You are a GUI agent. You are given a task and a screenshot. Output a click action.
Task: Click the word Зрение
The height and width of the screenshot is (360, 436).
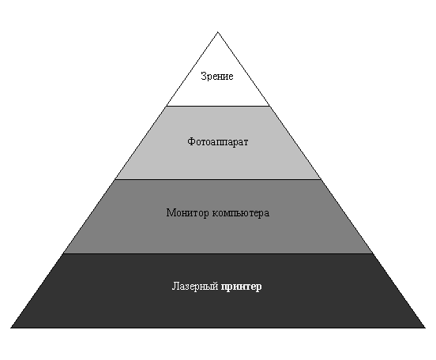click(217, 76)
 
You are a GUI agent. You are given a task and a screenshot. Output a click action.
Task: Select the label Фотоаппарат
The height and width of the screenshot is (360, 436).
click(218, 142)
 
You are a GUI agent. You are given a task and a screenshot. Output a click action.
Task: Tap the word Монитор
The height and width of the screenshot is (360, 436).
click(187, 213)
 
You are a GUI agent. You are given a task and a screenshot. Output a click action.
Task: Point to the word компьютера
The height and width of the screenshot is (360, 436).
click(241, 213)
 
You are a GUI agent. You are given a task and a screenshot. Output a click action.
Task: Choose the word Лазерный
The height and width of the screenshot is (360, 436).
click(195, 287)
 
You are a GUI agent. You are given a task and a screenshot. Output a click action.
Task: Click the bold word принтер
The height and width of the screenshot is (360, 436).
click(242, 287)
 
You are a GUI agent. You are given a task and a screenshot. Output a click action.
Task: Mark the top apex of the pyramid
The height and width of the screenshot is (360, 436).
click(218, 32)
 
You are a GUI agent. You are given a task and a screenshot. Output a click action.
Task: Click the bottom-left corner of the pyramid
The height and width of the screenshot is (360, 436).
click(11, 328)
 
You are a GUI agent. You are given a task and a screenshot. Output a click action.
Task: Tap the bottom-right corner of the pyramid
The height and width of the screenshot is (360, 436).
click(425, 328)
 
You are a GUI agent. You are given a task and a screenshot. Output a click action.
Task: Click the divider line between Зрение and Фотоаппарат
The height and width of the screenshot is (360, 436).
click(218, 106)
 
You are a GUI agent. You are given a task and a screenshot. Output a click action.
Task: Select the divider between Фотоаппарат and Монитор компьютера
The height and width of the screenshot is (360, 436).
click(218, 179)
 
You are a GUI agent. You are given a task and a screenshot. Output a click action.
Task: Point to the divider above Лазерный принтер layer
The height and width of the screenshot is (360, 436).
click(218, 253)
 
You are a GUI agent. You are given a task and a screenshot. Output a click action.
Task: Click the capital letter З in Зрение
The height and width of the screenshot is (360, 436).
click(203, 76)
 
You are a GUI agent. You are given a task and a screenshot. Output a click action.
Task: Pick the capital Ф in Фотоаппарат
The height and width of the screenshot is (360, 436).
click(191, 141)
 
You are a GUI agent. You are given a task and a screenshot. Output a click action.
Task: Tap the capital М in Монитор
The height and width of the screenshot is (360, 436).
click(171, 212)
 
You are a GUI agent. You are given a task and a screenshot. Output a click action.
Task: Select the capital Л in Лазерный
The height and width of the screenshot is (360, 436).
click(175, 286)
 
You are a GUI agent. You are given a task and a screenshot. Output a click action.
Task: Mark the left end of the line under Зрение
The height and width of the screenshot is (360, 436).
click(167, 106)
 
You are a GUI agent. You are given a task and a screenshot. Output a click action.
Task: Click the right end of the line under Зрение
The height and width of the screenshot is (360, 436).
click(269, 106)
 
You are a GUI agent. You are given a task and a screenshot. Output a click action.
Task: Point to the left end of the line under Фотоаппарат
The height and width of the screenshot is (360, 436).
click(115, 179)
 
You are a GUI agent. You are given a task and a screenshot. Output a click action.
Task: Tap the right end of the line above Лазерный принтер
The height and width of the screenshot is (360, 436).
click(373, 253)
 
